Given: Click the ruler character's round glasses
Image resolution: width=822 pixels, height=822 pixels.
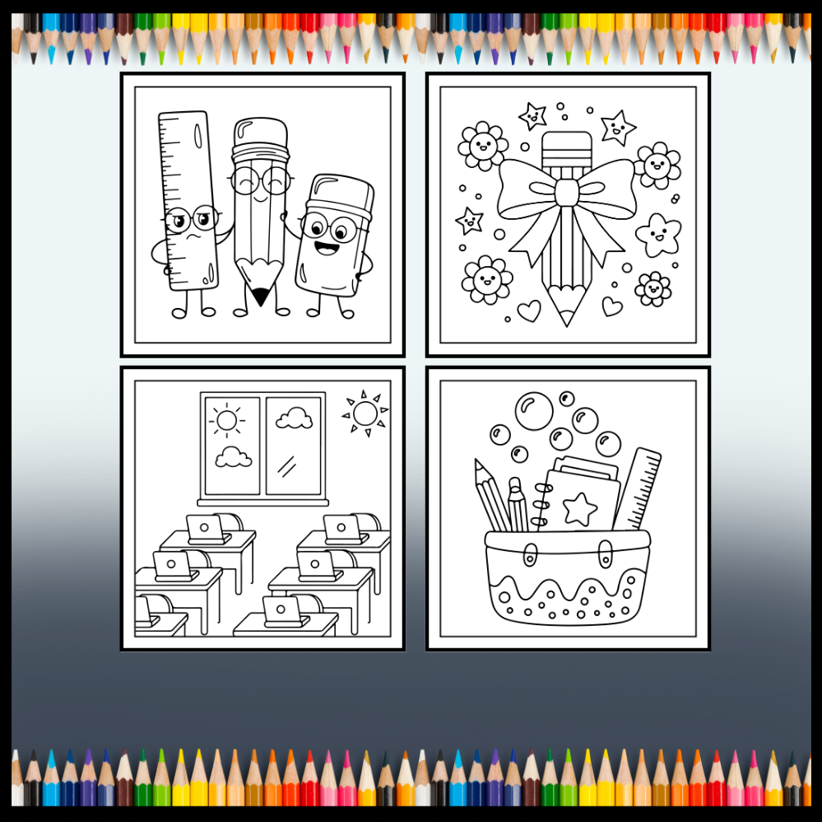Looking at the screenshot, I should point(190,220).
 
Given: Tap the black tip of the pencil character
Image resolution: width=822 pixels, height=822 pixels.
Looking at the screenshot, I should point(261,294).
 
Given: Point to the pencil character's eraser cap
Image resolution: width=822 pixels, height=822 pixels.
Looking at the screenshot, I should point(260,132).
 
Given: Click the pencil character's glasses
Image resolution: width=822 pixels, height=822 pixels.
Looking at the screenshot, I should point(260,181).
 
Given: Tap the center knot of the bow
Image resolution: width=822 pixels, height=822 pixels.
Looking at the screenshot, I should point(566,193).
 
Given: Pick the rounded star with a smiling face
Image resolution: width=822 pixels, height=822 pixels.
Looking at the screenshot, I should point(657,235).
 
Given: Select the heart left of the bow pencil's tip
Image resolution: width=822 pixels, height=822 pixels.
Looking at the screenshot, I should point(528,310).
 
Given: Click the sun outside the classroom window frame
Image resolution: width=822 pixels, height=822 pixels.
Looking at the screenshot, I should point(365,413).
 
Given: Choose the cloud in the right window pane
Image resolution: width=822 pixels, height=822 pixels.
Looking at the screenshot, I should point(294,419).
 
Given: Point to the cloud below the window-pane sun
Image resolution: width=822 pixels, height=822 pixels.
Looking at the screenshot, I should point(233,457).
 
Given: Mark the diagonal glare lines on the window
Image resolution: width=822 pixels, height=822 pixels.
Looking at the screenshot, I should point(286,466).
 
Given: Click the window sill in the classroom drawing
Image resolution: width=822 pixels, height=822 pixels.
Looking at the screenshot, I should point(262,502).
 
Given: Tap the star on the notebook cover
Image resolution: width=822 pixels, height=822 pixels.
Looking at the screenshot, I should point(580,511).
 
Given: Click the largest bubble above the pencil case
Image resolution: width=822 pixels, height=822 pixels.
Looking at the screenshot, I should point(535,410).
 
